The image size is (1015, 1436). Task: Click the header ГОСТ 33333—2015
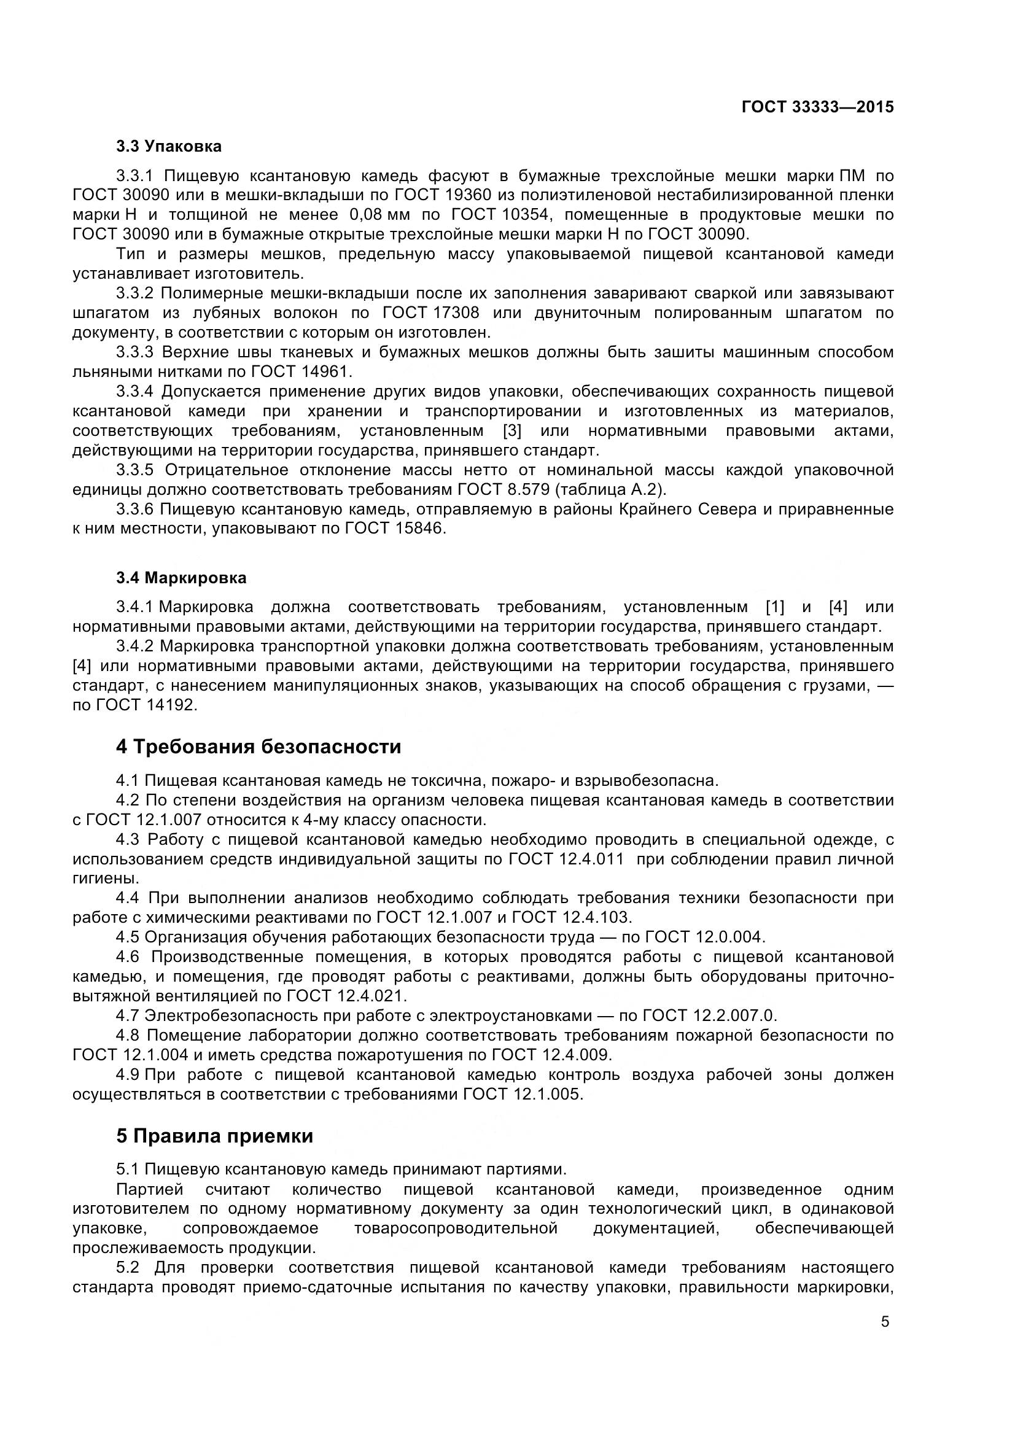pos(817,107)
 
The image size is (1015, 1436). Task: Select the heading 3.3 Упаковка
pos(169,146)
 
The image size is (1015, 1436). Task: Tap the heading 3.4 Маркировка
pos(181,578)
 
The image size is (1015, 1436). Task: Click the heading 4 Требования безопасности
pos(259,747)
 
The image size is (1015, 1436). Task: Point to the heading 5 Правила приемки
pos(214,1136)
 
